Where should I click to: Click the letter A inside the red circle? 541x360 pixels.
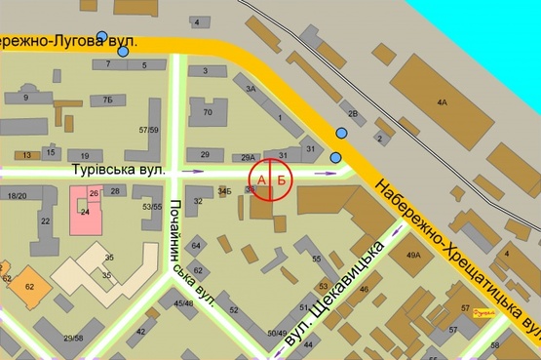click(260, 180)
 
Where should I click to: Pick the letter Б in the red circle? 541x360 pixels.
click(282, 180)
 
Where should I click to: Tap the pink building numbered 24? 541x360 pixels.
click(84, 209)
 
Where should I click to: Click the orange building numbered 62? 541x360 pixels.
click(30, 286)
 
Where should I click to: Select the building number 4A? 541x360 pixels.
click(442, 101)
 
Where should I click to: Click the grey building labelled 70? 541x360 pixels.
click(208, 113)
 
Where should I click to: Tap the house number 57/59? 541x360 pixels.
click(149, 130)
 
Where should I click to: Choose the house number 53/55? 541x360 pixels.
click(152, 207)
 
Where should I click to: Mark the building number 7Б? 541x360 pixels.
click(108, 100)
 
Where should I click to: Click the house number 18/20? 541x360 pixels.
click(17, 196)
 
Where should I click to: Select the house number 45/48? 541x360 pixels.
click(183, 303)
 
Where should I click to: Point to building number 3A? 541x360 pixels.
click(251, 89)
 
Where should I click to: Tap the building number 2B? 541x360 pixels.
click(355, 115)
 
